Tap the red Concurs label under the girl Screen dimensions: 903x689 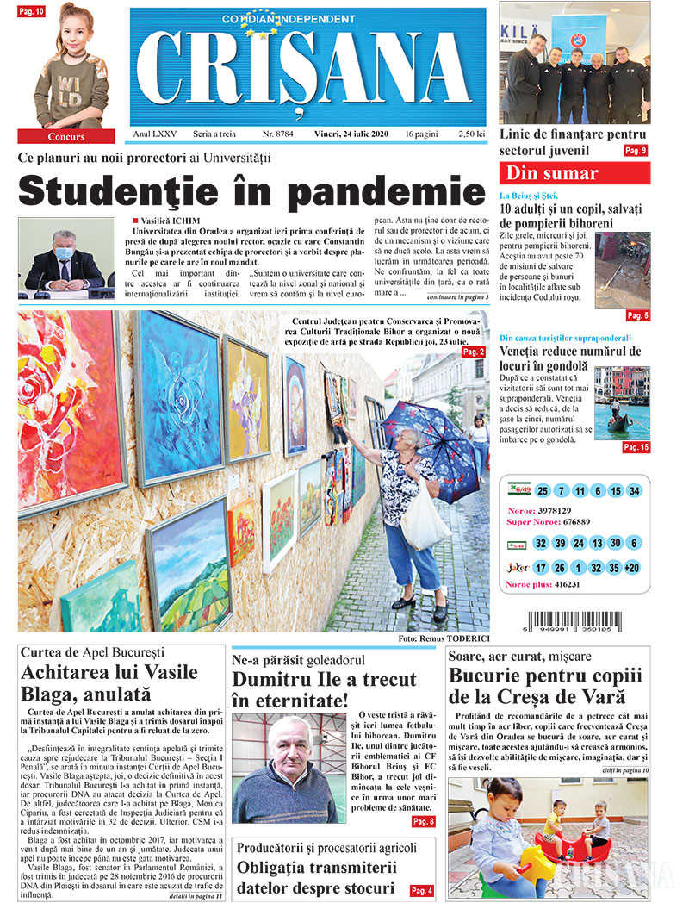pyautogui.click(x=66, y=136)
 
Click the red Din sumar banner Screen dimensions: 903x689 pyautogui.click(x=574, y=173)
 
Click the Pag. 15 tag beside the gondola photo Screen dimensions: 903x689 pyautogui.click(x=636, y=447)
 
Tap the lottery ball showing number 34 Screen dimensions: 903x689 pyautogui.click(x=634, y=491)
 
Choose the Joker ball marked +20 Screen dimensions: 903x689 pyautogui.click(x=633, y=568)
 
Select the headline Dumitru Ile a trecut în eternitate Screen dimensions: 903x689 pyautogui.click(x=324, y=690)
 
